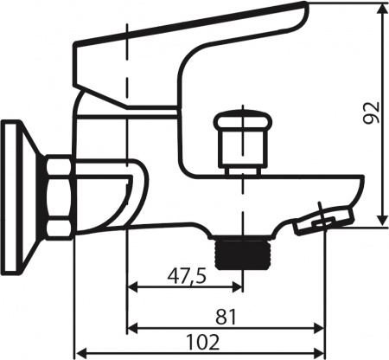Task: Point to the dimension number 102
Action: [201, 341]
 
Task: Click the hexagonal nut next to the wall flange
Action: [58, 197]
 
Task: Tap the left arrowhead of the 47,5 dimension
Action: [133, 288]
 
